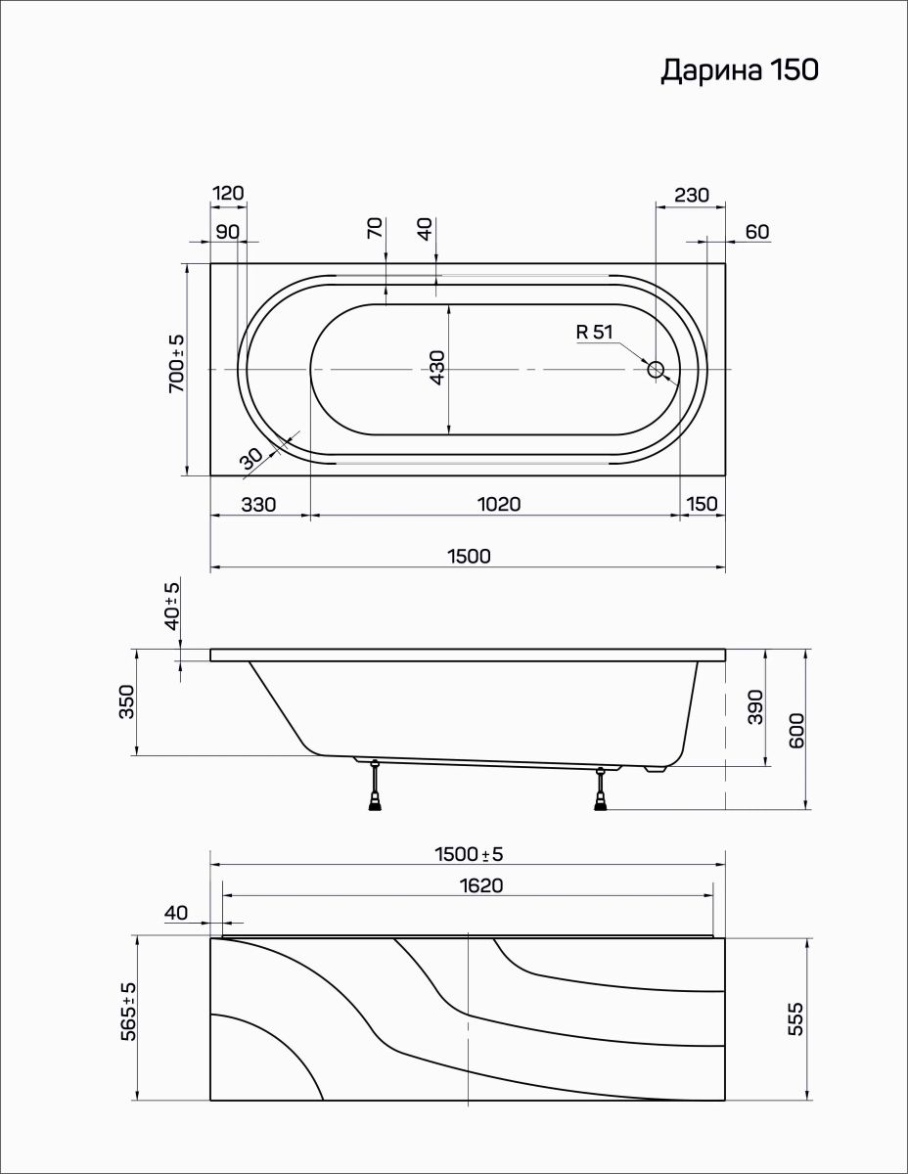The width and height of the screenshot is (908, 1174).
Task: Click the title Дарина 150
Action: (740, 70)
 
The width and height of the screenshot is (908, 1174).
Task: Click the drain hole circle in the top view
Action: (656, 370)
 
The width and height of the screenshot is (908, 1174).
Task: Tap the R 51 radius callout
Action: (595, 332)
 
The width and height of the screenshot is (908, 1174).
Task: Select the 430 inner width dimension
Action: (437, 368)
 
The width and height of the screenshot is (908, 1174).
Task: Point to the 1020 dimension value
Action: (499, 504)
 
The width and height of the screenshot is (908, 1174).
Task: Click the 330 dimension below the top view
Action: (258, 505)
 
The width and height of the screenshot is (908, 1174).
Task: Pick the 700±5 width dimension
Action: (177, 364)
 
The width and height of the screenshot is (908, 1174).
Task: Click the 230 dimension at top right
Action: (692, 195)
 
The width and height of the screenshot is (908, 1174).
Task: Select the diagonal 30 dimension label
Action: (251, 459)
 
